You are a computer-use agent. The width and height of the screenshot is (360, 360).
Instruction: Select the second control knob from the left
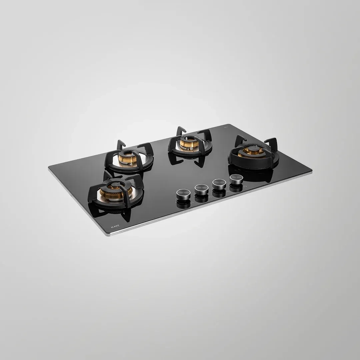pyautogui.click(x=201, y=189)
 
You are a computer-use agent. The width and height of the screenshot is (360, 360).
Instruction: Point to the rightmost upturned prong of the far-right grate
pyautogui.click(x=272, y=142)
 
